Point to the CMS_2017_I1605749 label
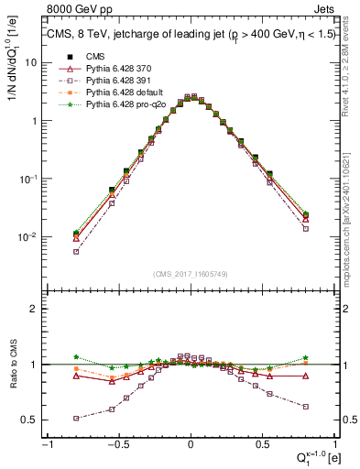[x=190, y=273]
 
